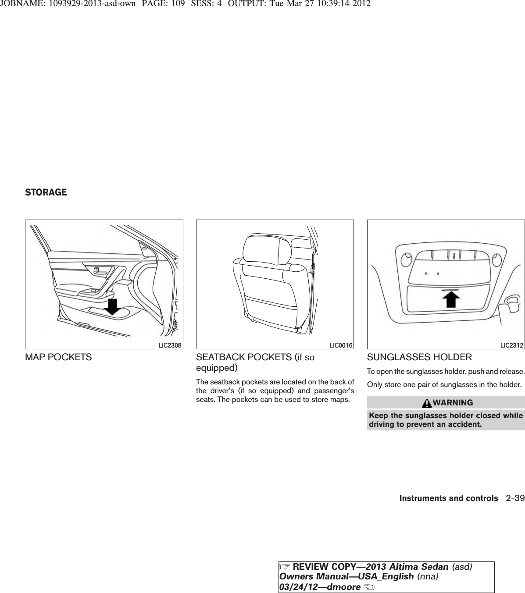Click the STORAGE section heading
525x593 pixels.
pos(46,192)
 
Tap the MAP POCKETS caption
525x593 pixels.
pos(58,357)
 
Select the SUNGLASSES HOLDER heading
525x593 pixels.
pos(419,357)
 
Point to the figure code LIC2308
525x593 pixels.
pos(170,345)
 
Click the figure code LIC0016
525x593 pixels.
pos(341,345)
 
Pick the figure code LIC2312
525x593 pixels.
pos(512,345)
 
